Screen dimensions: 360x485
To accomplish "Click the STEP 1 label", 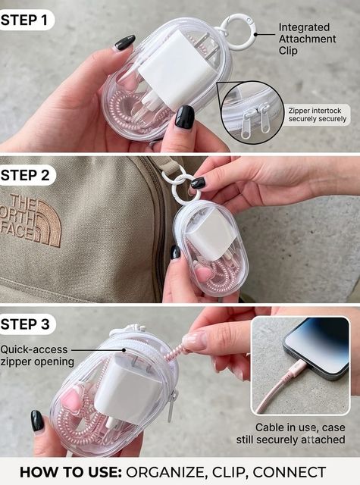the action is click(x=24, y=20).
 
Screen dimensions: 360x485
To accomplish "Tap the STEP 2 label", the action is click(x=25, y=175).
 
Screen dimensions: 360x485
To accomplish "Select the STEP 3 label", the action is click(x=25, y=324).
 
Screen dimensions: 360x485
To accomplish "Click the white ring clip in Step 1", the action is click(x=237, y=21).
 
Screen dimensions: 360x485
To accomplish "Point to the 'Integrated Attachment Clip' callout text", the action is click(x=307, y=39).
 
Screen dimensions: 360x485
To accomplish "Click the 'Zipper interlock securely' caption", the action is click(x=318, y=114).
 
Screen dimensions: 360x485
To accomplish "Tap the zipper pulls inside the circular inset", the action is click(x=256, y=120).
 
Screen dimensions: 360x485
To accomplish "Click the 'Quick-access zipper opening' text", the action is click(x=37, y=355).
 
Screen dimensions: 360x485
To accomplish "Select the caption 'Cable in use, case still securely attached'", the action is click(x=291, y=433).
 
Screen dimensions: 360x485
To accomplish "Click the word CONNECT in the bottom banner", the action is click(x=290, y=472).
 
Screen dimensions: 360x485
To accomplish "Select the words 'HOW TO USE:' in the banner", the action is click(x=70, y=472).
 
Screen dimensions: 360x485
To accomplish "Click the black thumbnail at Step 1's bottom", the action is click(x=185, y=117).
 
